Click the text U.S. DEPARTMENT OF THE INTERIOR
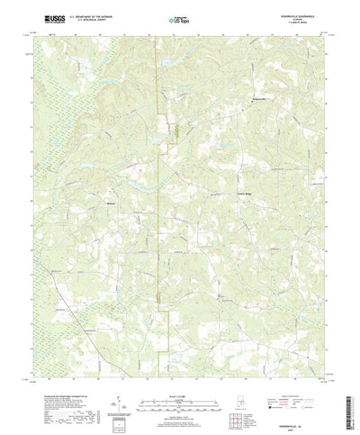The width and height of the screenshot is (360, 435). click(x=92, y=15)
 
